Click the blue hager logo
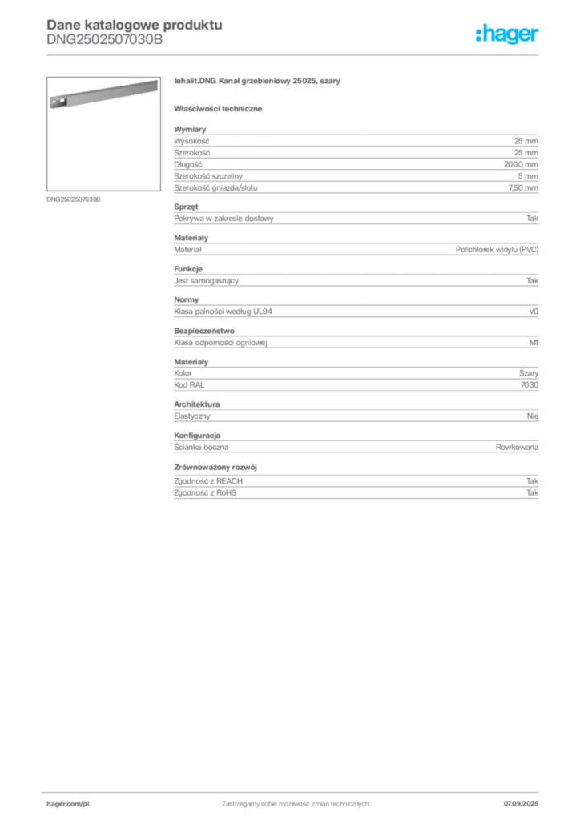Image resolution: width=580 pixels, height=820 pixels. [509, 35]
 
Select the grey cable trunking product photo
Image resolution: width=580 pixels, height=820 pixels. [101, 94]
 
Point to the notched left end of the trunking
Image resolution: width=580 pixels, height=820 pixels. [54, 102]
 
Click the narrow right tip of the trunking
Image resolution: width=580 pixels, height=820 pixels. [155, 83]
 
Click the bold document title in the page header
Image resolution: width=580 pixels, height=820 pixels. [132, 23]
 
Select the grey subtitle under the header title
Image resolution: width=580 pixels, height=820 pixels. [104, 44]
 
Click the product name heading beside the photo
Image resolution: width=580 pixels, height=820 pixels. [260, 82]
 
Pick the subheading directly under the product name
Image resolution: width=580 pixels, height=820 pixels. [220, 107]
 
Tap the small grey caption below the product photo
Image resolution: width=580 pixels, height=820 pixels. [74, 199]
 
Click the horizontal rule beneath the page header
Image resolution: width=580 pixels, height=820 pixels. [295, 54]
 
